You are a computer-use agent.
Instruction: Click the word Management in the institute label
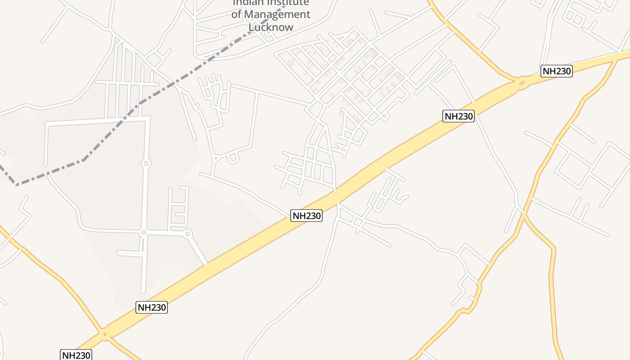277,14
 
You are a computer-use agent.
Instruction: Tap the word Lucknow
271,27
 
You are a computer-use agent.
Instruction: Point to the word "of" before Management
237,14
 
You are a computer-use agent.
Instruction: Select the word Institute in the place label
288,3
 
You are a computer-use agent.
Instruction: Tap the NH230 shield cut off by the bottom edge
76,355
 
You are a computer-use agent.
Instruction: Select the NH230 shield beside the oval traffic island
556,71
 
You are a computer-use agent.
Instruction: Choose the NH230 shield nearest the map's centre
307,216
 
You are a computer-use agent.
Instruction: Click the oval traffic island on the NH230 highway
522,83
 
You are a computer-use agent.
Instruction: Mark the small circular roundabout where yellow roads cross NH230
105,334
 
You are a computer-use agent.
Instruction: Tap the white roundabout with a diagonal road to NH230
188,233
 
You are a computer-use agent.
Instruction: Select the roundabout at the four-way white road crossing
144,232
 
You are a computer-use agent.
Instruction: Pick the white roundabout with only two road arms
146,163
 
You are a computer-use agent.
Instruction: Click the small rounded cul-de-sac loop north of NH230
233,158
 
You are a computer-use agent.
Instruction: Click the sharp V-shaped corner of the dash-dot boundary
17,184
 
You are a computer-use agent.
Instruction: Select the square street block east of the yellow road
573,171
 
